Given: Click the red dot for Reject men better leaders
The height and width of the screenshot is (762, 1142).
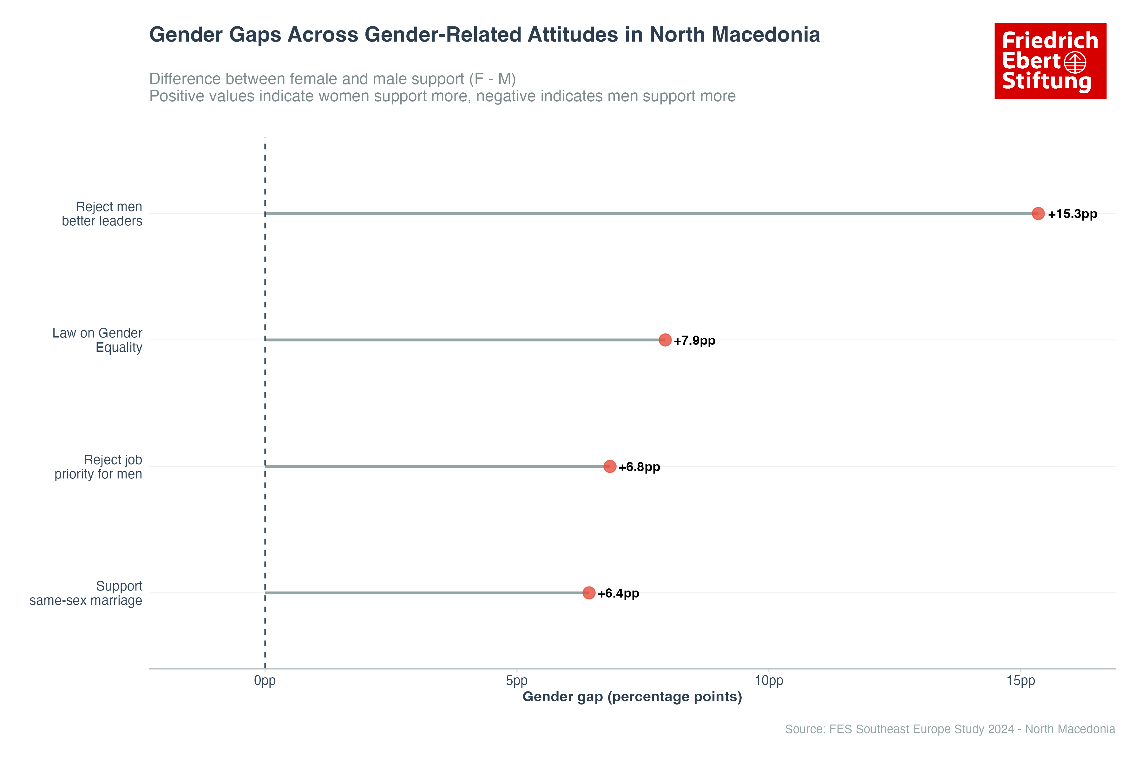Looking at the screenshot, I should coord(1038,213).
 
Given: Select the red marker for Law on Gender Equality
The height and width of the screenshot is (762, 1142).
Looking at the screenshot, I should coord(665,340).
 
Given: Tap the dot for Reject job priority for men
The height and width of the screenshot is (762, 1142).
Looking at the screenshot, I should coord(609,466).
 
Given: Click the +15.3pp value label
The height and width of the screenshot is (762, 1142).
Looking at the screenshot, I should coord(1072,214).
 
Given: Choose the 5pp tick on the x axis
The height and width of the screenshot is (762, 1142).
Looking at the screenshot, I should coord(517,680).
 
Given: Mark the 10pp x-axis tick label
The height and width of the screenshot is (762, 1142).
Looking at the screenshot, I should coord(769,680).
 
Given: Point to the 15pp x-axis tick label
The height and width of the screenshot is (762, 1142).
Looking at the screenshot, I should coord(1021,680).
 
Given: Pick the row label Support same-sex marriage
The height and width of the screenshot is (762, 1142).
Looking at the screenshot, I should coord(86,593).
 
